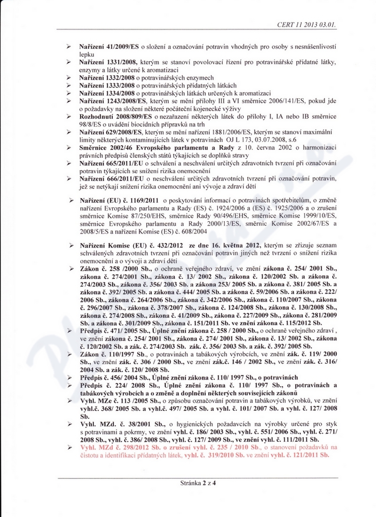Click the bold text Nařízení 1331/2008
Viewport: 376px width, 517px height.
[108, 63]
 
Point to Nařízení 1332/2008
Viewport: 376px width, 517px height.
[108, 78]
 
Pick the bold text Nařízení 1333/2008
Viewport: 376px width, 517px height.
[108, 85]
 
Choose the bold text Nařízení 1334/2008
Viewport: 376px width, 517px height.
[108, 93]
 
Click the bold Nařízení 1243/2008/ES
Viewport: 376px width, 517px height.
[113, 101]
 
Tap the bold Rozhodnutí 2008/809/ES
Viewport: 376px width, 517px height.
[116, 116]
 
